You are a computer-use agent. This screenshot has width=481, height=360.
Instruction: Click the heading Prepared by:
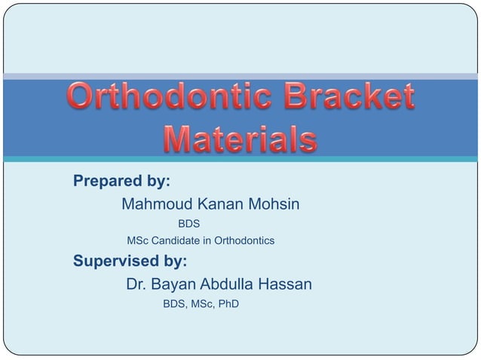(121, 182)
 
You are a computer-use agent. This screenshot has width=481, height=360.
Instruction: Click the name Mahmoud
(157, 204)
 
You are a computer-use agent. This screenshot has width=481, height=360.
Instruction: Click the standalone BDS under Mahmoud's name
(188, 224)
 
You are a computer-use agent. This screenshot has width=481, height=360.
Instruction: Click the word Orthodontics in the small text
(244, 241)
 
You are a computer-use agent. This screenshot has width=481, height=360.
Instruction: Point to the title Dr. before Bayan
(136, 285)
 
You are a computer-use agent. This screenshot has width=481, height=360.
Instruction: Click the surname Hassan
(285, 285)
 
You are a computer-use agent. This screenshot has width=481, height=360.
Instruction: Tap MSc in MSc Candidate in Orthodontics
(137, 241)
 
